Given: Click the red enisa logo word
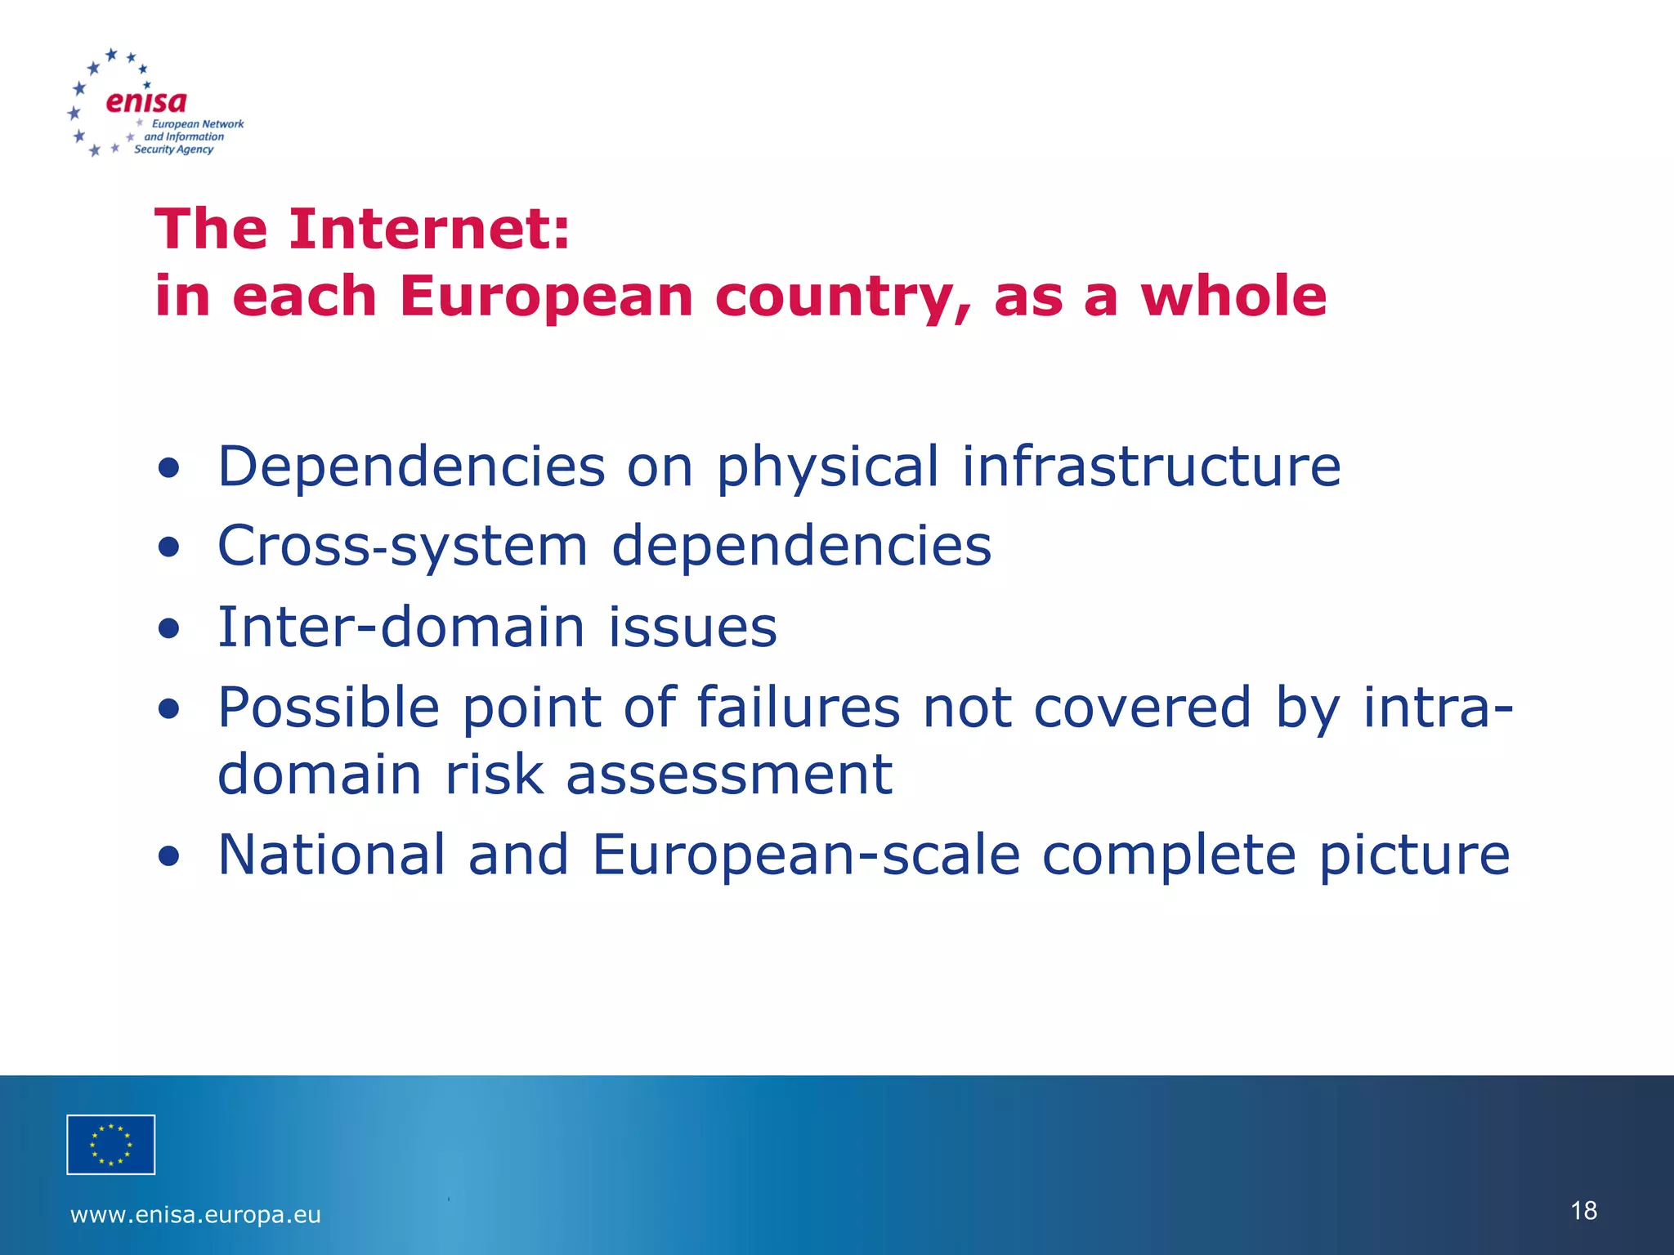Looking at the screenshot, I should [146, 101].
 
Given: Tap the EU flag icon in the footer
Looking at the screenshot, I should [111, 1144].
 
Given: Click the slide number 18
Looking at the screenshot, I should [1583, 1210].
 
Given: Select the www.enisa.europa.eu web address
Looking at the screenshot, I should [196, 1215].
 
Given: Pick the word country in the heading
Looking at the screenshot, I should [843, 297].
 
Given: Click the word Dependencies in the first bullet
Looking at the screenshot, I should [411, 466].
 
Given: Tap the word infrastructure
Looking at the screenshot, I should [1151, 466].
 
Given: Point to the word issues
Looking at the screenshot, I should [692, 627].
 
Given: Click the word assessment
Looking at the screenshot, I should [729, 774].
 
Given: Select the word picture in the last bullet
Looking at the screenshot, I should [1414, 855].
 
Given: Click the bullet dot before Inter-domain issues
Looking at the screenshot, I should [169, 628].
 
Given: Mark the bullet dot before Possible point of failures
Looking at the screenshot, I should [169, 708].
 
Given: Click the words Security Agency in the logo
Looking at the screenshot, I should [173, 150].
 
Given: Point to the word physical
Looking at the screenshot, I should [827, 467].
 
